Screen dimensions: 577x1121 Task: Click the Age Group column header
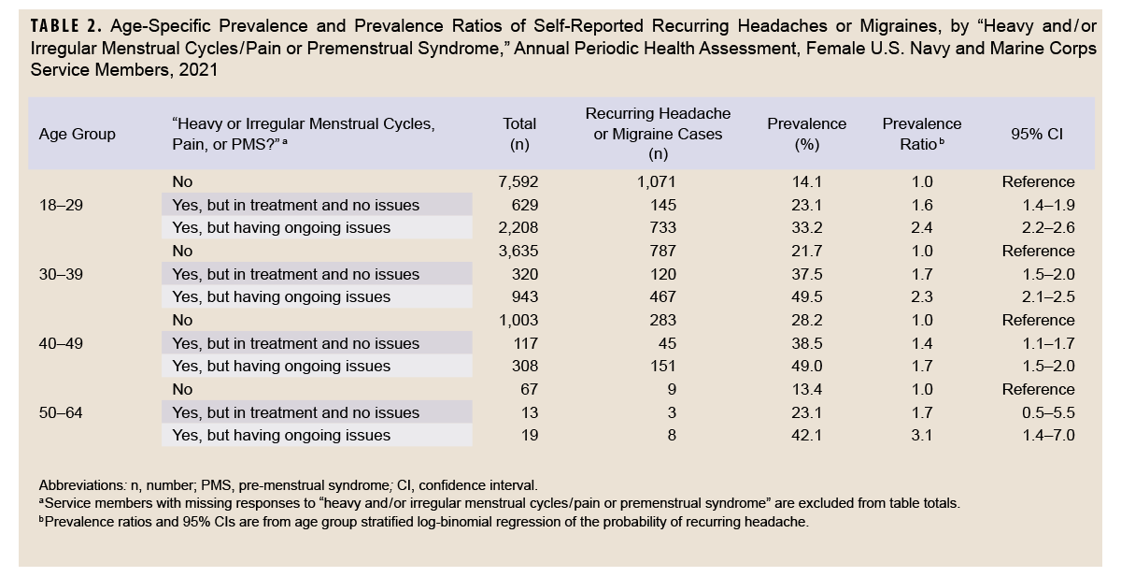pyautogui.click(x=78, y=134)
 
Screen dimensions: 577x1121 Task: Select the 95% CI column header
pyautogui.click(x=1037, y=134)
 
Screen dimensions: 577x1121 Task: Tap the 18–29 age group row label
pyautogui.click(x=60, y=205)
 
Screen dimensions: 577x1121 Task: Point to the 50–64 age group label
pyautogui.click(x=60, y=412)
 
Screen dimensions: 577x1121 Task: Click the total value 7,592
pyautogui.click(x=519, y=181)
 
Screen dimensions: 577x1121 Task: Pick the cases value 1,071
pyautogui.click(x=658, y=181)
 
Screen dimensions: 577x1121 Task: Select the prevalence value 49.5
pyautogui.click(x=806, y=296)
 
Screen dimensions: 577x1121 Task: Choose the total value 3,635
pyautogui.click(x=519, y=251)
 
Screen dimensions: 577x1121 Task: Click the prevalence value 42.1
pyautogui.click(x=806, y=435)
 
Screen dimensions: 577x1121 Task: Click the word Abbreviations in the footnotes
pyautogui.click(x=81, y=485)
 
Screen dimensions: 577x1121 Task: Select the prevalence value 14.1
pyautogui.click(x=806, y=181)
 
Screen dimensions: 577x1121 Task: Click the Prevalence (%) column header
pyautogui.click(x=806, y=134)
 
